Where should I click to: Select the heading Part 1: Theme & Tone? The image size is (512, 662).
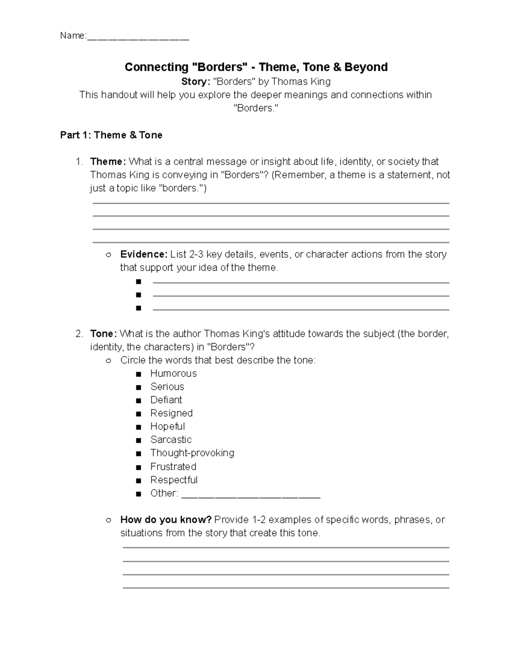111,135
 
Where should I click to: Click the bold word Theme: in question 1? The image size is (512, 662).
108,162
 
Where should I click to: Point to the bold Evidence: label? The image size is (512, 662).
144,254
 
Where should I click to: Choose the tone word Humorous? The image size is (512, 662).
173,373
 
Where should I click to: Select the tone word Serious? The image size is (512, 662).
167,387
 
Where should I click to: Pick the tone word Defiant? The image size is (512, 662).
166,400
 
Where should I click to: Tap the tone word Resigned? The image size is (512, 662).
172,413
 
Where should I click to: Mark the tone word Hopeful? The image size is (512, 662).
168,426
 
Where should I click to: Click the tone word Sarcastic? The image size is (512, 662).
171,439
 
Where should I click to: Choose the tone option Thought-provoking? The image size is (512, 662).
192,453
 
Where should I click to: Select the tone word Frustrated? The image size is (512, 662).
173,466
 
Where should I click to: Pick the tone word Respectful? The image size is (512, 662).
174,480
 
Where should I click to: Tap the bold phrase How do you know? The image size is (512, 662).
166,520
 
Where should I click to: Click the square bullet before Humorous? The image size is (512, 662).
138,374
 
